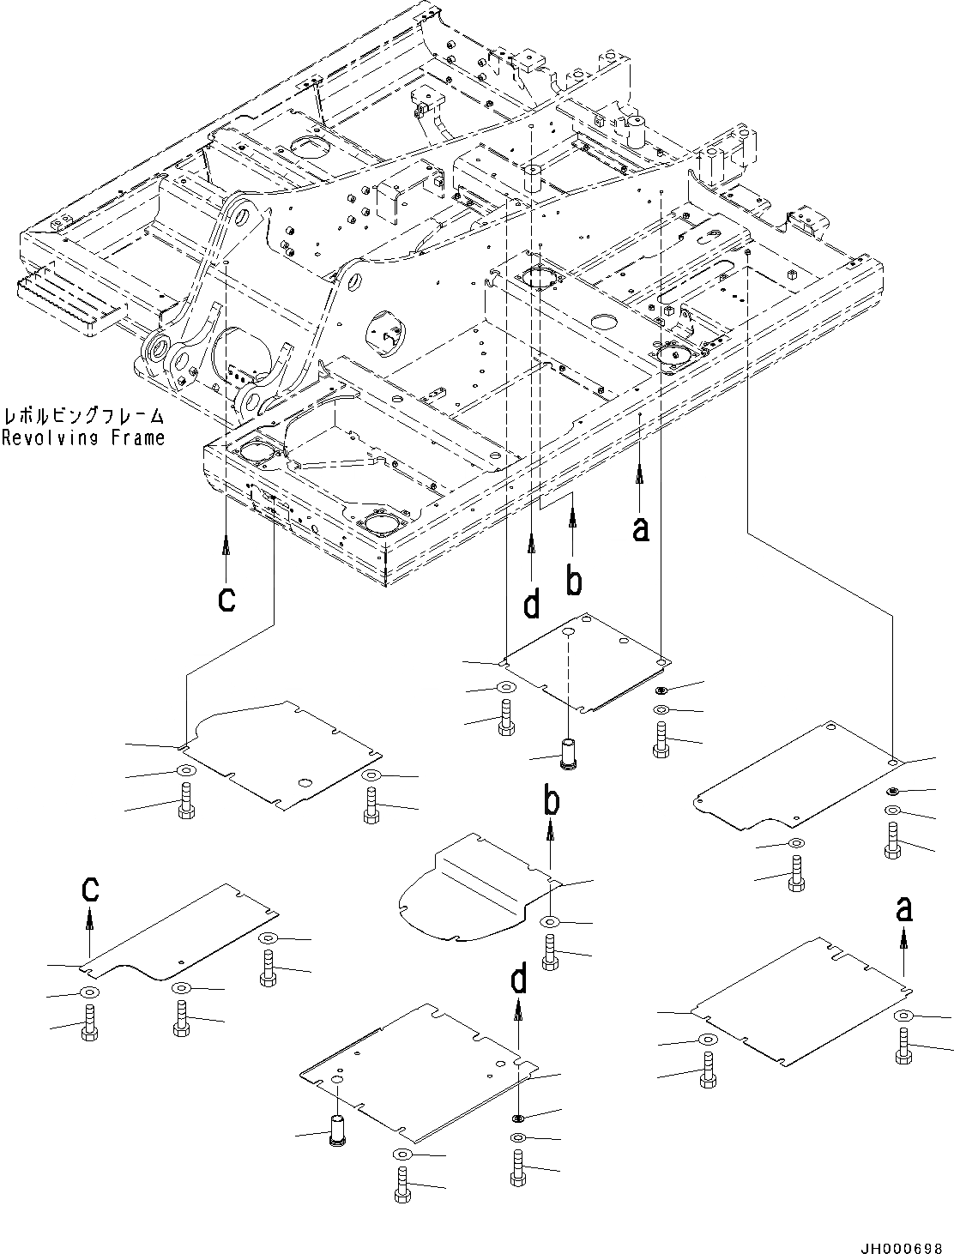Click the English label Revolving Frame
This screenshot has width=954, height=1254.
point(82,438)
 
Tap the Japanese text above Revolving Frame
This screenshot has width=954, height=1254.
point(82,418)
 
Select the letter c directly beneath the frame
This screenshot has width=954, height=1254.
point(226,599)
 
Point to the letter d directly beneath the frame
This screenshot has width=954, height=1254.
point(532,605)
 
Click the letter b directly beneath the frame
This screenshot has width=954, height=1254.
point(573,581)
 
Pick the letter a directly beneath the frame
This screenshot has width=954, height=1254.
point(640,528)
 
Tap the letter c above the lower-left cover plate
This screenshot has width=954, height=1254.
point(89,889)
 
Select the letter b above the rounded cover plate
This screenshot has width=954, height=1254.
point(551,801)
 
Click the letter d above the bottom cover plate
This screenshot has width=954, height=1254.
point(519,980)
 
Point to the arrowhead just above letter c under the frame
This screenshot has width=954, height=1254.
point(226,542)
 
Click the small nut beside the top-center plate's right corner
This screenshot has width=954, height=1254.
point(661,690)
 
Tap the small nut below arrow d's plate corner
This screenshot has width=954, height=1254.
point(518,1117)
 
